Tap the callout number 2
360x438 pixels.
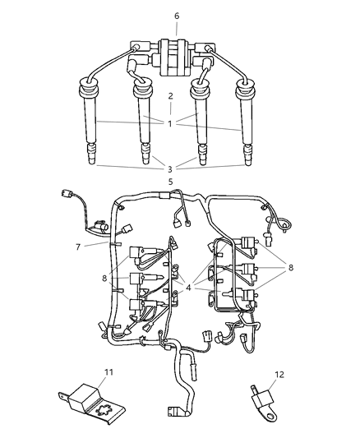170,96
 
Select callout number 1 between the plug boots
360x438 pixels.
170,124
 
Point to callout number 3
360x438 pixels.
170,168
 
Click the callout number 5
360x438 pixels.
170,182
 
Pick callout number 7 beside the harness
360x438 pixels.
77,247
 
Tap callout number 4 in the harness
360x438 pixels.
189,288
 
